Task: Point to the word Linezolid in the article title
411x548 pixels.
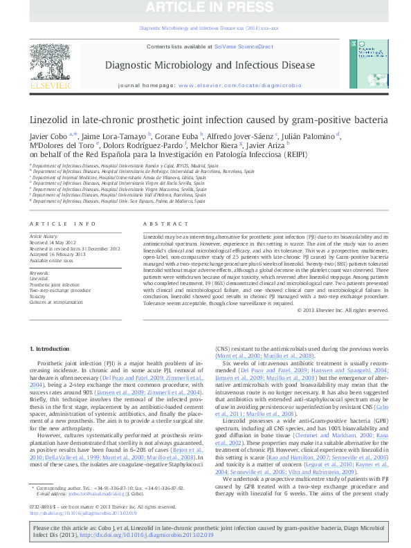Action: click(x=48, y=119)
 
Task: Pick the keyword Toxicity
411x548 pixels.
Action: click(x=39, y=295)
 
